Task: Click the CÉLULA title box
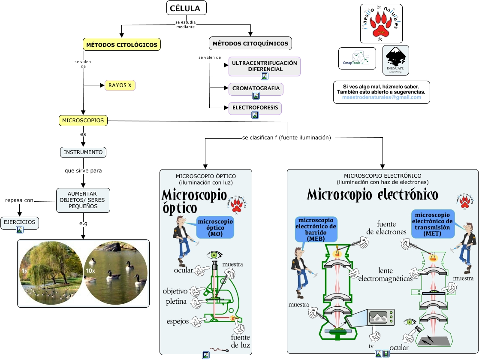186,8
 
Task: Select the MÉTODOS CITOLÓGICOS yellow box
122,44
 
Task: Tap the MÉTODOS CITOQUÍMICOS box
250,43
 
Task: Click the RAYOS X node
120,85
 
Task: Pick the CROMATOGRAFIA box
256,88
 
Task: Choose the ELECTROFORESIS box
255,107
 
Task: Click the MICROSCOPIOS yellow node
83,121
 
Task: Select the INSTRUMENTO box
83,152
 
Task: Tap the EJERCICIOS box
20,222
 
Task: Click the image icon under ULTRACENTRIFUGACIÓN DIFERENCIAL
265,76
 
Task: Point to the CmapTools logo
357,58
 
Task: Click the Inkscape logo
395,61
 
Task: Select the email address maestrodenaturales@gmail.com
381,97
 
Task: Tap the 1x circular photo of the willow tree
51,273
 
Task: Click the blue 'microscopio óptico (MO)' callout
215,227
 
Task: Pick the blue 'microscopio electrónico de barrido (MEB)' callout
316,229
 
